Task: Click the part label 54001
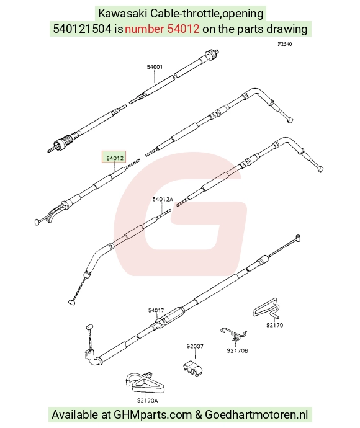point(155,67)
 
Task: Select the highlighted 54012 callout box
point(114,157)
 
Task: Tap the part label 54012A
point(163,200)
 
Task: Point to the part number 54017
point(156,310)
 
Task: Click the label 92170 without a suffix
point(275,325)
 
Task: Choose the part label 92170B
point(237,350)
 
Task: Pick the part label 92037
point(195,346)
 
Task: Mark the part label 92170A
point(148,401)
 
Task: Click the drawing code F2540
point(285,44)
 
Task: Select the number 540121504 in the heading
point(82,29)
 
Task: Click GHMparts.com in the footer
point(153,414)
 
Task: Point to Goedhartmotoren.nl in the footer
point(256,414)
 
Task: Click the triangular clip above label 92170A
point(145,381)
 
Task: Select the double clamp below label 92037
point(193,368)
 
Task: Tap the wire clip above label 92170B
point(233,334)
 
